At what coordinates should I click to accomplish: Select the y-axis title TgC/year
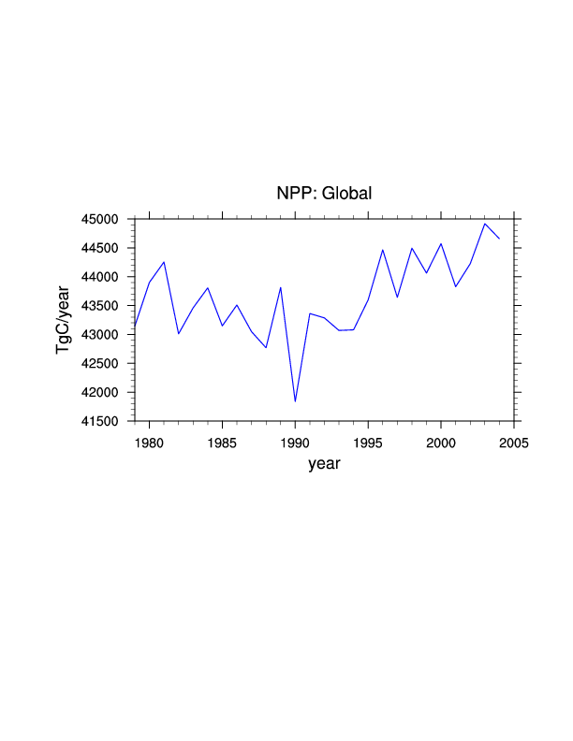(63, 320)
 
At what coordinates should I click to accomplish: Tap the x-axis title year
(324, 463)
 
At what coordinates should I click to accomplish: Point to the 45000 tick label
(103, 219)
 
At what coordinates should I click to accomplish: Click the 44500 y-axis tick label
(103, 248)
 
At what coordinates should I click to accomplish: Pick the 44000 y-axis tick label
(103, 277)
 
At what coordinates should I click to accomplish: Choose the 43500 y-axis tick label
(103, 306)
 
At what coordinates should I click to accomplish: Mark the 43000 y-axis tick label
(103, 335)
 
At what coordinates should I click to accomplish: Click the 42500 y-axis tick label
(103, 364)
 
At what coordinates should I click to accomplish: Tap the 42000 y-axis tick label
(103, 393)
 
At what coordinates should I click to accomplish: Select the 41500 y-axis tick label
(103, 422)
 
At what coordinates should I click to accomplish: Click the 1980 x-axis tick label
(149, 442)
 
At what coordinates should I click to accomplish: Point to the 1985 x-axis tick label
(222, 442)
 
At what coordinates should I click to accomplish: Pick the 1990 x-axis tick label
(295, 442)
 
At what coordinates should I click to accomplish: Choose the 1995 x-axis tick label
(368, 442)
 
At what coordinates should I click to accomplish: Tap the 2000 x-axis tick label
(441, 442)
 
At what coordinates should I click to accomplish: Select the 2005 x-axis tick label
(514, 442)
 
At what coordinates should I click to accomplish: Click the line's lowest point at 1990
(295, 401)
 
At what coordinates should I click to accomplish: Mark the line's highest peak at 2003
(485, 224)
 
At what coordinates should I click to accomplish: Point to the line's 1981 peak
(164, 262)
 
